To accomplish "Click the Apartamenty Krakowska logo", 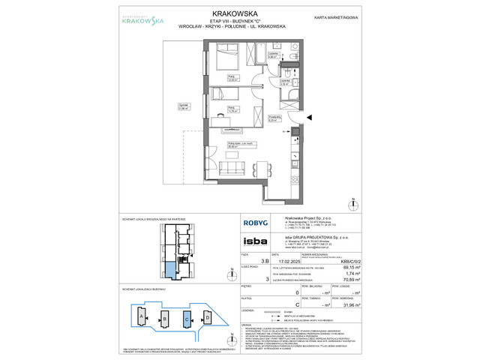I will pyautogui.click(x=124, y=20).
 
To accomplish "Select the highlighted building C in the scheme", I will pyautogui.click(x=186, y=317).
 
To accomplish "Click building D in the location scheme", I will pyautogui.click(x=208, y=317).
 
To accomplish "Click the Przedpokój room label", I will pyautogui.click(x=275, y=117).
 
